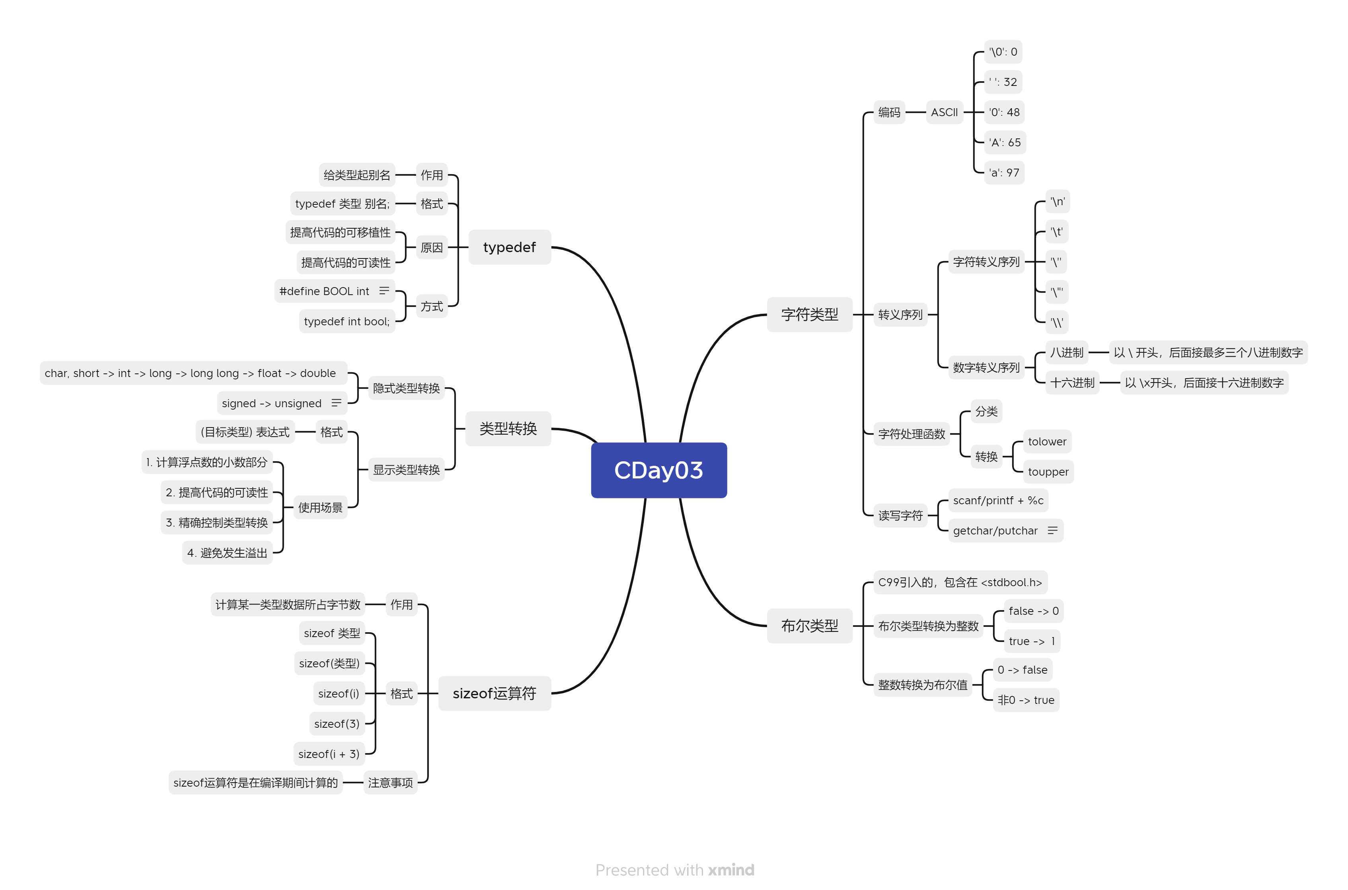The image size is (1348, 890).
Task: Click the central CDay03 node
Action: pyautogui.click(x=658, y=470)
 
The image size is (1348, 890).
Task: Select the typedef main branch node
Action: pyautogui.click(x=509, y=247)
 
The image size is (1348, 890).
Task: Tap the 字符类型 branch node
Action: pyautogui.click(x=809, y=315)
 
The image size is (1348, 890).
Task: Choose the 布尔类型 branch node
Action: pyautogui.click(x=809, y=626)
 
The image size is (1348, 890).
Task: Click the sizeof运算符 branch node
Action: pyautogui.click(x=494, y=693)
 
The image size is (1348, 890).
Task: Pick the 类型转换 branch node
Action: pyautogui.click(x=508, y=429)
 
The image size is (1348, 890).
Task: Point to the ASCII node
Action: pyautogui.click(x=944, y=113)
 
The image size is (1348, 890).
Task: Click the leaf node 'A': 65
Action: pyautogui.click(x=1005, y=142)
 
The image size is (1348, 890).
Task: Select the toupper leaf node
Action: pyautogui.click(x=1048, y=472)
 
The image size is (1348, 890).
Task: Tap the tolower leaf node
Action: pyautogui.click(x=1046, y=441)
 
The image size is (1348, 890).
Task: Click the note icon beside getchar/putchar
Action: pyautogui.click(x=1052, y=530)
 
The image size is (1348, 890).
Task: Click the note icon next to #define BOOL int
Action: pyautogui.click(x=384, y=291)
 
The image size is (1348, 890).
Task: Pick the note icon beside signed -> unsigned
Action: pyautogui.click(x=337, y=403)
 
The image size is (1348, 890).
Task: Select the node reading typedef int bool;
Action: pyautogui.click(x=347, y=321)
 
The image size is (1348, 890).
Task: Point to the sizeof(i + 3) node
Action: pyautogui.click(x=329, y=754)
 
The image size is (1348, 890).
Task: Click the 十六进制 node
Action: pyautogui.click(x=1071, y=383)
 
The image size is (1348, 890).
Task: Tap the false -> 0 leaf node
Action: pyautogui.click(x=1033, y=611)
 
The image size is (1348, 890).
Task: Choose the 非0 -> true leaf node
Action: pyautogui.click(x=1025, y=700)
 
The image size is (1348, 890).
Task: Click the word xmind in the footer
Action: pyautogui.click(x=731, y=870)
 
